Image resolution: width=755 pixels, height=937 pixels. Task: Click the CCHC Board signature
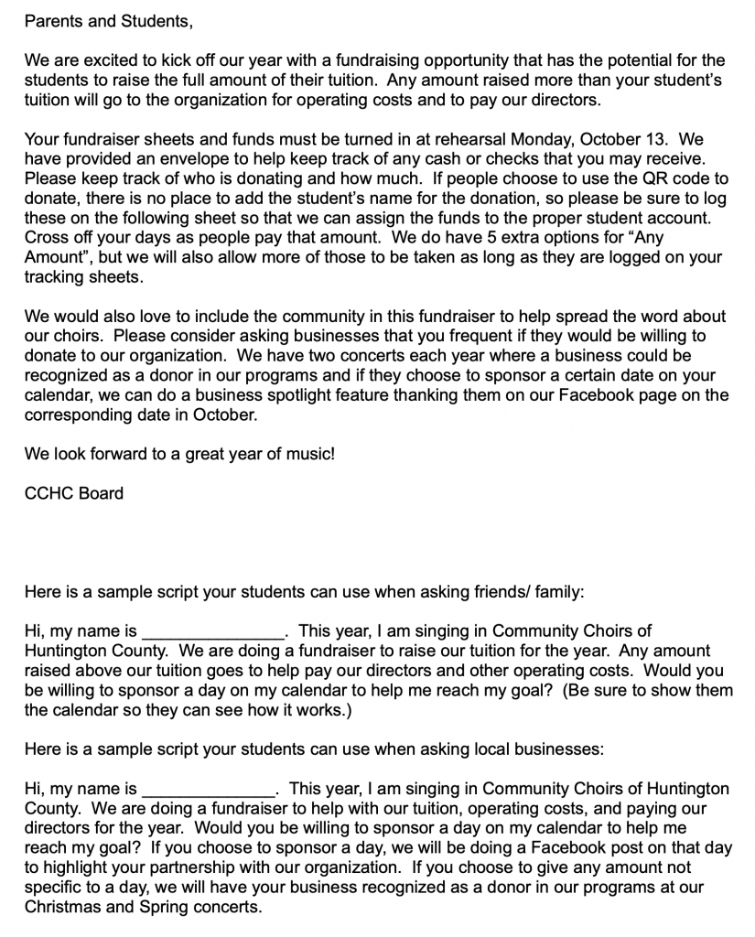point(74,493)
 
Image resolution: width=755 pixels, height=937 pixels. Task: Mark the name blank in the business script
point(206,789)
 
